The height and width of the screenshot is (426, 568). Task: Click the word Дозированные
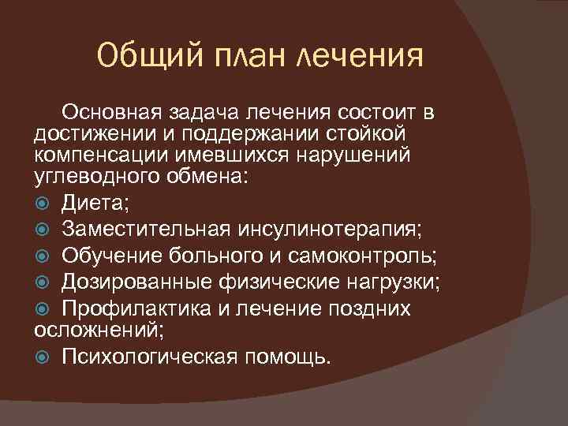tap(135, 282)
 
